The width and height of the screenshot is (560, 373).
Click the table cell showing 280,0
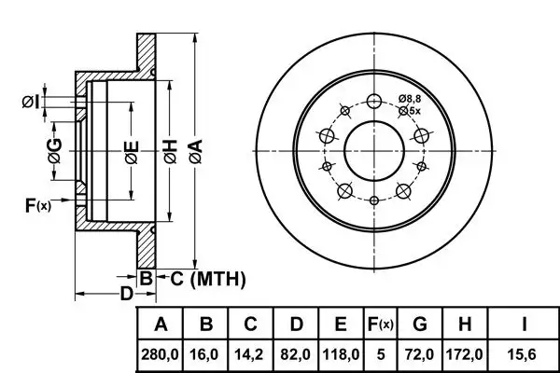161,355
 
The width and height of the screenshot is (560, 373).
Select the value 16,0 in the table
207,355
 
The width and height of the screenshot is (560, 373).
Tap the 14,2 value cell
251,355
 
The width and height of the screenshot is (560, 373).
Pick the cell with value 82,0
296,355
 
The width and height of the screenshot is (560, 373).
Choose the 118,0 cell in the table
341,355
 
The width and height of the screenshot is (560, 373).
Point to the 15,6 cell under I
525,355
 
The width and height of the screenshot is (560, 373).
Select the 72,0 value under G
420,355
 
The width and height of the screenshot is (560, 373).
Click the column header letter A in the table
161,325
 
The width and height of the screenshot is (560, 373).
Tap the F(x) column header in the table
379,325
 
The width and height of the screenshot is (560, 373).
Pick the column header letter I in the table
525,325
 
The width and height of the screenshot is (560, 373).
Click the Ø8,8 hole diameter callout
411,99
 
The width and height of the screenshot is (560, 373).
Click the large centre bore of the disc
374,149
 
